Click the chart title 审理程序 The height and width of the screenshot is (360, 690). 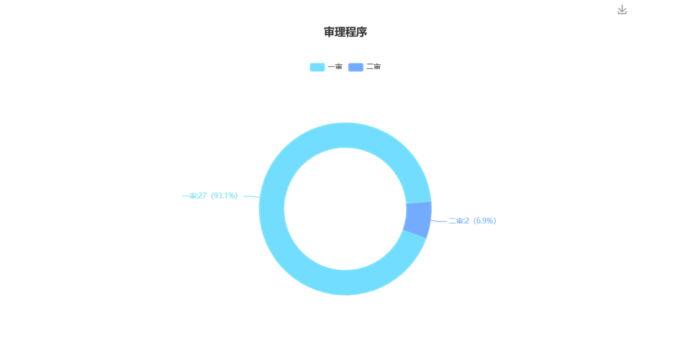click(x=345, y=32)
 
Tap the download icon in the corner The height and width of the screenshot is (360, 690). click(x=622, y=9)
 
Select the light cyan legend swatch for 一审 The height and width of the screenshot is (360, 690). click(x=317, y=67)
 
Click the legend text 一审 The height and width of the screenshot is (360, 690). click(x=335, y=67)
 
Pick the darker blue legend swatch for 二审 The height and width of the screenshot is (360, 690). click(x=355, y=67)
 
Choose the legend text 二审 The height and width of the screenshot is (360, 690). click(x=373, y=67)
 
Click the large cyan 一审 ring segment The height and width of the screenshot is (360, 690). click(x=272, y=209)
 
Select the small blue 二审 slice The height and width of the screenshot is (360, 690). click(x=419, y=220)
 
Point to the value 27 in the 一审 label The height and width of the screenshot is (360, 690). click(x=202, y=196)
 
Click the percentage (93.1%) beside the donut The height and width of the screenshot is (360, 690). click(x=224, y=196)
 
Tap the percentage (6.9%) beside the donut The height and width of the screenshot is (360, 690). click(x=484, y=221)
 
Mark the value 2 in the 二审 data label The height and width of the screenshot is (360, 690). click(x=467, y=221)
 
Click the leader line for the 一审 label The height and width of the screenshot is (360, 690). click(x=251, y=197)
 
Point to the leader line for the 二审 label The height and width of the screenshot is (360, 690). click(x=439, y=221)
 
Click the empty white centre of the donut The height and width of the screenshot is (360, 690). click(x=345, y=209)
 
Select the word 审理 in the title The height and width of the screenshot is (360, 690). click(x=335, y=32)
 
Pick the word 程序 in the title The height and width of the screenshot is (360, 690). click(x=356, y=32)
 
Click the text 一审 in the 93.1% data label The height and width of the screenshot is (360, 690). click(x=189, y=196)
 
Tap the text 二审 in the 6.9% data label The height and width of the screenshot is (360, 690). click(x=456, y=221)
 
